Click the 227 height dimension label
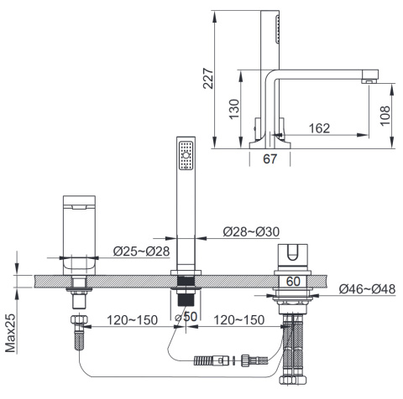click(x=208, y=78)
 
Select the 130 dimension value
click(x=234, y=109)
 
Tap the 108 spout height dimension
click(x=385, y=116)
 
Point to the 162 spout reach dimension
click(x=320, y=128)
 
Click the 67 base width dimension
click(x=270, y=158)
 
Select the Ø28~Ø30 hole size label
click(x=251, y=231)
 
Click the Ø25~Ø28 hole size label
click(x=141, y=251)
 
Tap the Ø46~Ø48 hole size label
click(x=367, y=288)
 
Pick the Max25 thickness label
click(x=11, y=333)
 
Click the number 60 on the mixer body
click(x=293, y=281)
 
